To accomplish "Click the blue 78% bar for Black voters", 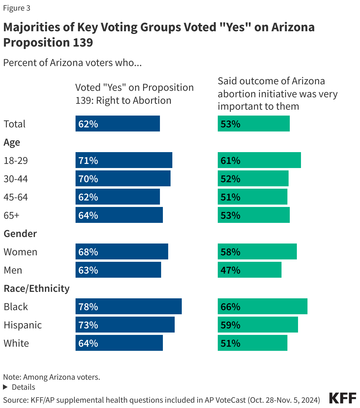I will point(128,306).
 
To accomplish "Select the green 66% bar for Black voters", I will point(262,306).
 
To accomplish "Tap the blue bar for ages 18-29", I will point(124,160).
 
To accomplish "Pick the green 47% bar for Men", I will point(249,270).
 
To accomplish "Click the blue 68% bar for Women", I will point(122,251).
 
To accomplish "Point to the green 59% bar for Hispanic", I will point(258,325).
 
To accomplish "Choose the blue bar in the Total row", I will point(117,124).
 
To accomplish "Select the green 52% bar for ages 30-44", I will point(253,178).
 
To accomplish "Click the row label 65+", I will point(12,215).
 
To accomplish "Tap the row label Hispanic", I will point(23,325).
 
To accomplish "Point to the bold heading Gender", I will point(20,233).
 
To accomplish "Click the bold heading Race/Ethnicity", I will point(36,288).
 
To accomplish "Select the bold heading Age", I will point(12,142).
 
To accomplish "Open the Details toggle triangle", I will point(5,387).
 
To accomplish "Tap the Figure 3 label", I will point(17,8).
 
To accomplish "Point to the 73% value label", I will point(88,325).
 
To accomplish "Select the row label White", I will point(16,343).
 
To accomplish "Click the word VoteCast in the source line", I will point(230,400).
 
